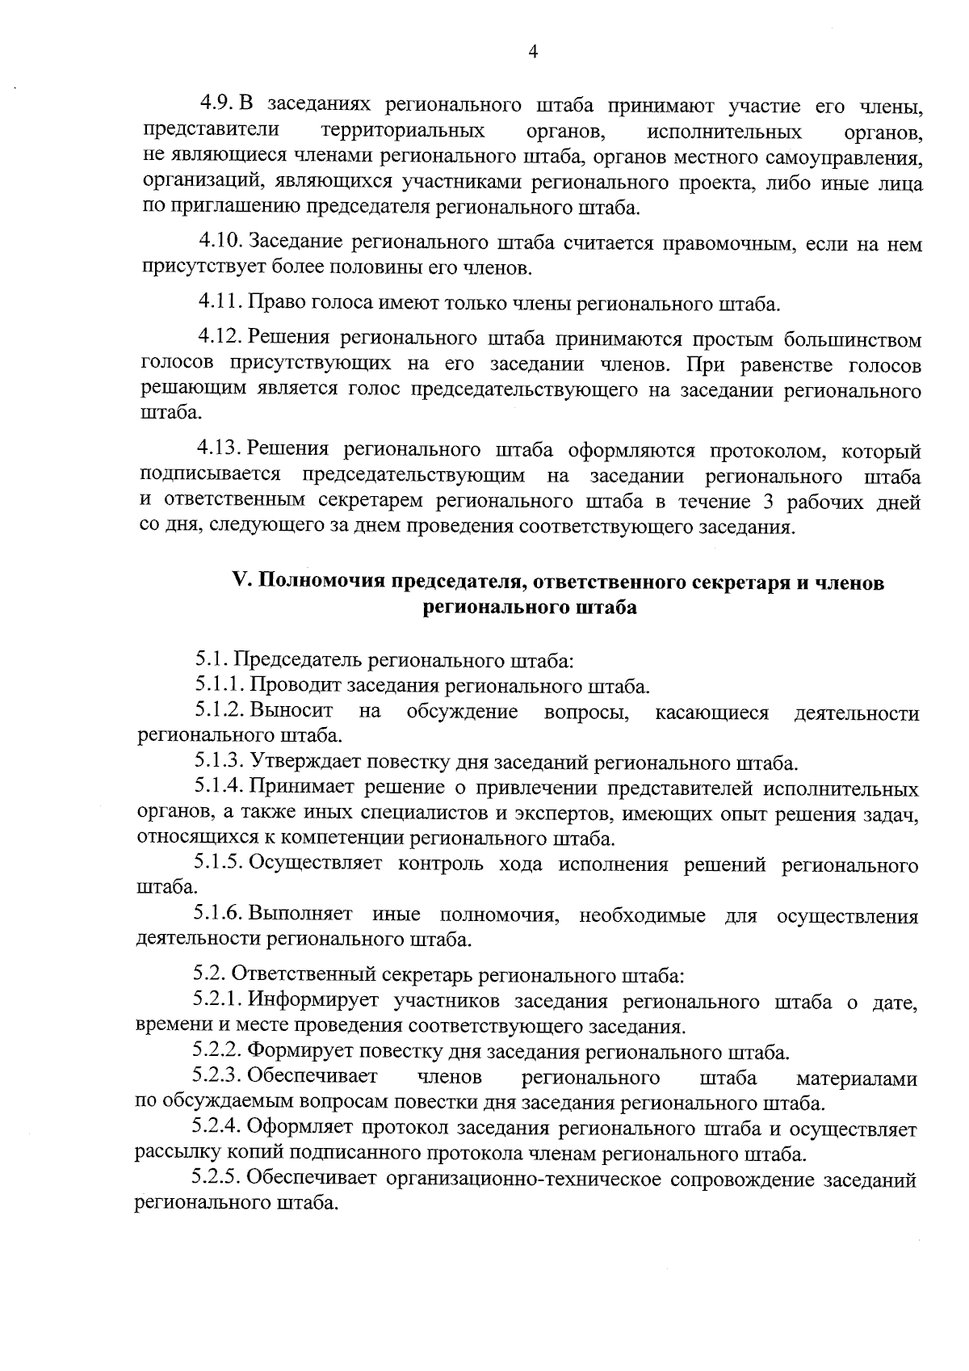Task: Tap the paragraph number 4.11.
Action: tap(220, 303)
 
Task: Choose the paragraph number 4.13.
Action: tap(220, 449)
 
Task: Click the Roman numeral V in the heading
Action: tap(237, 582)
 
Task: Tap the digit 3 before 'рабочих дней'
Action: tap(768, 503)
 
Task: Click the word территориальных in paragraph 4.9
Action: tap(403, 132)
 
